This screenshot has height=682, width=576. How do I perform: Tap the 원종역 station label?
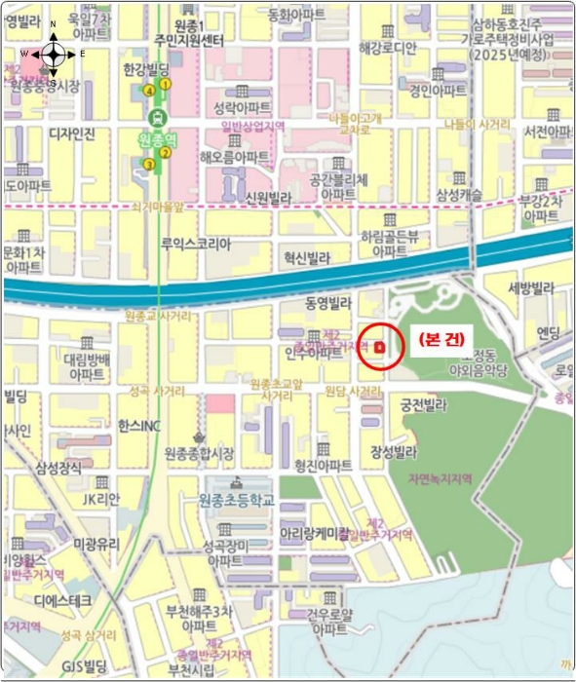pos(157,139)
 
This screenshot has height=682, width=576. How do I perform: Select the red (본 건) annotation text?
pos(440,339)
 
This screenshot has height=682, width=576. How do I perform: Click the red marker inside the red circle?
pos(379,346)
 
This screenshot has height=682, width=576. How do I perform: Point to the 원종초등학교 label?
pos(237,500)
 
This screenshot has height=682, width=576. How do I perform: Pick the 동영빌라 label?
pos(327,303)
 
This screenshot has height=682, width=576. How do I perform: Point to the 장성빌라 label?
pos(393,452)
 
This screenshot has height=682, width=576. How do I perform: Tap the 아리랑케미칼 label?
pos(315,534)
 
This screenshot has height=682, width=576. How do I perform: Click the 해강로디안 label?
pos(387,47)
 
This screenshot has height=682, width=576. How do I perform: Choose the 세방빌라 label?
pos(530,288)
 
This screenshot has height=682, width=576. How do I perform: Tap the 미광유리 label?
pos(96,543)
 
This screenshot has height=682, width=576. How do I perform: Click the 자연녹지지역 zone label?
pos(434,478)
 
